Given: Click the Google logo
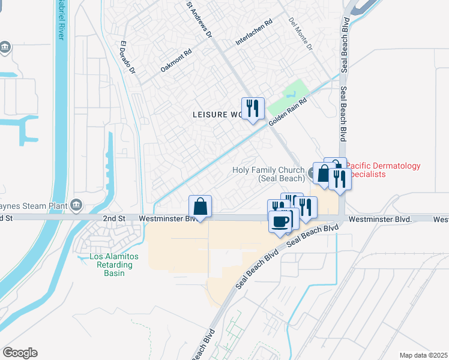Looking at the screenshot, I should (20, 353).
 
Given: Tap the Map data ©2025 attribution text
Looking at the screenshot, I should (423, 355).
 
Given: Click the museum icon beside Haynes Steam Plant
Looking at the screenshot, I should (76, 206).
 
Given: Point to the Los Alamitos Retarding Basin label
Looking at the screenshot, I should (113, 265).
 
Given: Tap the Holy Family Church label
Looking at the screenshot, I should (268, 174).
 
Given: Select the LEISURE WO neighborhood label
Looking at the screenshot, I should (217, 114).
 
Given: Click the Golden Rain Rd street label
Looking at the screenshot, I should (288, 112).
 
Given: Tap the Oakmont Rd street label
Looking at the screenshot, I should (175, 61).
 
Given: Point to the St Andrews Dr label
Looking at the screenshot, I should (200, 20).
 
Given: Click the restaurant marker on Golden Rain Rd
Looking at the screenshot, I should (253, 109).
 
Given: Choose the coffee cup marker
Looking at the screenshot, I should (280, 221).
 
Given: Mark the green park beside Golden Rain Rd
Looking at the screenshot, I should (288, 99).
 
